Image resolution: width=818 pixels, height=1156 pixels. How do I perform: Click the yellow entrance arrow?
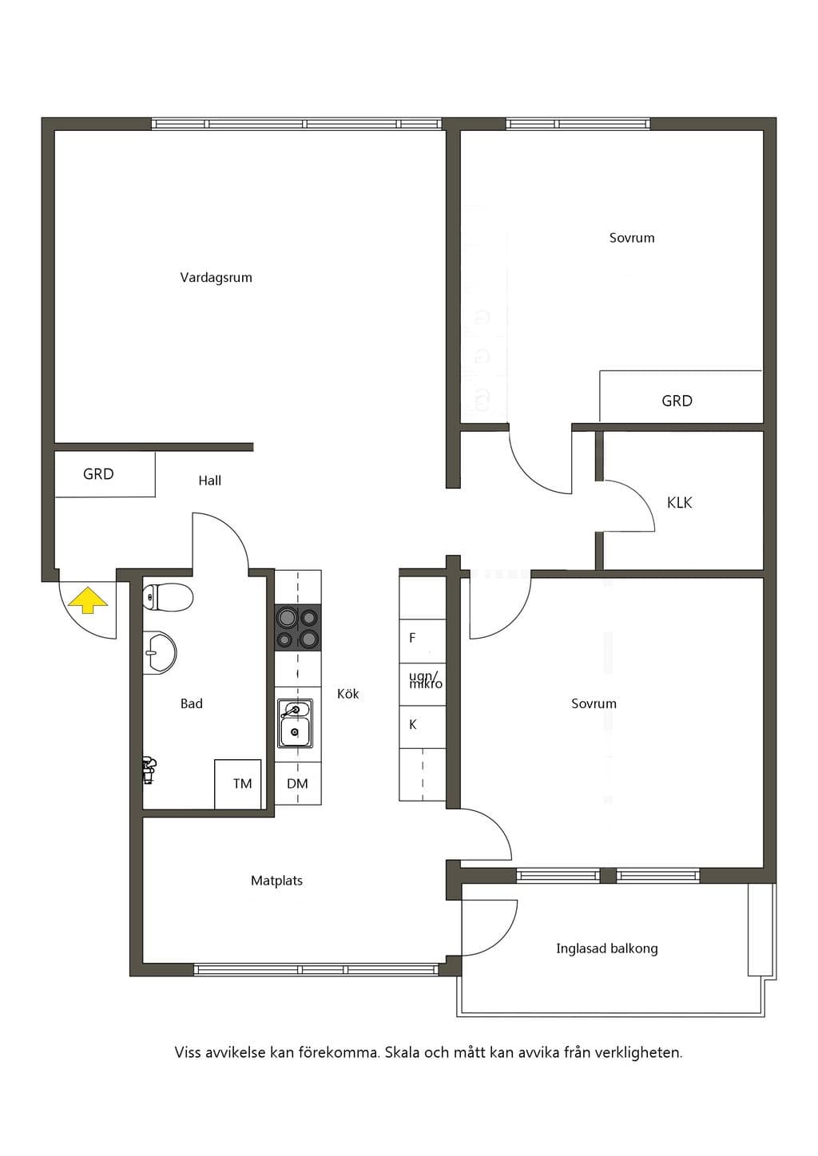89,600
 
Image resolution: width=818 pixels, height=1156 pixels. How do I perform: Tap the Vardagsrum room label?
216,278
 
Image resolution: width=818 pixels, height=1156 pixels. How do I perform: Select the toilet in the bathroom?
167,598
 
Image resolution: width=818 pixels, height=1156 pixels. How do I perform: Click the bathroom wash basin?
160,653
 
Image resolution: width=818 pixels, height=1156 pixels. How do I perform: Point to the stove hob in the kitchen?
297,627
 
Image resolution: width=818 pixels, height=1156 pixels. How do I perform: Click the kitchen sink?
295,722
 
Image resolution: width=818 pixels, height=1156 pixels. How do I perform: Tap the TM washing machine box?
238,784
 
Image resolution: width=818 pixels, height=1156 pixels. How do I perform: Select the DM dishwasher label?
297,783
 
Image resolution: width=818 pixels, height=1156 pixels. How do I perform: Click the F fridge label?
412,638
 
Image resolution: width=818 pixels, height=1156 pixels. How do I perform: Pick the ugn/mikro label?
426,680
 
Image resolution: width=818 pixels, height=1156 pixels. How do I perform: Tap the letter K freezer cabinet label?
413,725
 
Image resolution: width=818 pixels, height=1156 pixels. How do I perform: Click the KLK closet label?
679,502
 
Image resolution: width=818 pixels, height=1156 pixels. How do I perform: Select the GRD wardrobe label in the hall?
98,473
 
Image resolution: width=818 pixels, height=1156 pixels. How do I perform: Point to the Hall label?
209,481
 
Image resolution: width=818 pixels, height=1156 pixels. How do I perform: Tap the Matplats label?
277,881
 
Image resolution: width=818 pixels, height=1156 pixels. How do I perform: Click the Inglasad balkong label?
607,948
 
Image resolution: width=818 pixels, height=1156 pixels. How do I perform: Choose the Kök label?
348,694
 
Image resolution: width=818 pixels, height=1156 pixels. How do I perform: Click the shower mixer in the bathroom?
149,770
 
